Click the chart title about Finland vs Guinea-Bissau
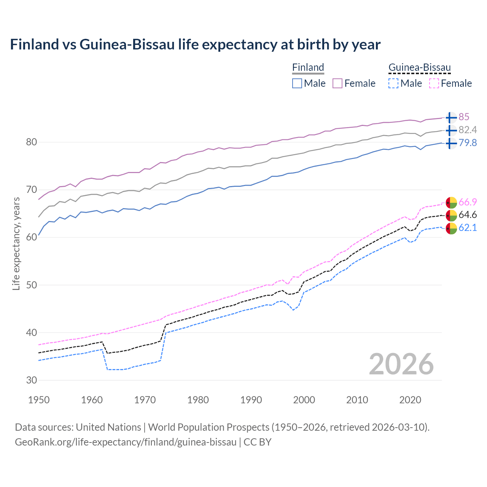pyautogui.click(x=195, y=45)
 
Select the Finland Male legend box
pyautogui.click(x=297, y=83)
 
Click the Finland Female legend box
pyautogui.click(x=338, y=83)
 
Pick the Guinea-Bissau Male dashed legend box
pyautogui.click(x=393, y=83)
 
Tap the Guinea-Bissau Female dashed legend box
pyautogui.click(x=434, y=83)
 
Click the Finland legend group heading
pyautogui.click(x=308, y=67)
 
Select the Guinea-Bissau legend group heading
pyautogui.click(x=419, y=67)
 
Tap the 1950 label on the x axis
pyautogui.click(x=39, y=400)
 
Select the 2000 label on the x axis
pyautogui.click(x=304, y=400)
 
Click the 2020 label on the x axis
pyautogui.click(x=410, y=400)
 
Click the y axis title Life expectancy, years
pyautogui.click(x=16, y=243)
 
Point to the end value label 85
pyautogui.click(x=464, y=117)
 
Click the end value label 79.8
pyautogui.click(x=468, y=143)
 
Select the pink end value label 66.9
pyautogui.click(x=468, y=202)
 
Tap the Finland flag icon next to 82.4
pyautogui.click(x=451, y=131)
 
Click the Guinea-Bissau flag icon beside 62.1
pyautogui.click(x=451, y=228)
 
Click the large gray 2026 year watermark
pyautogui.click(x=401, y=364)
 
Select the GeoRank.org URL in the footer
pyautogui.click(x=126, y=442)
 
